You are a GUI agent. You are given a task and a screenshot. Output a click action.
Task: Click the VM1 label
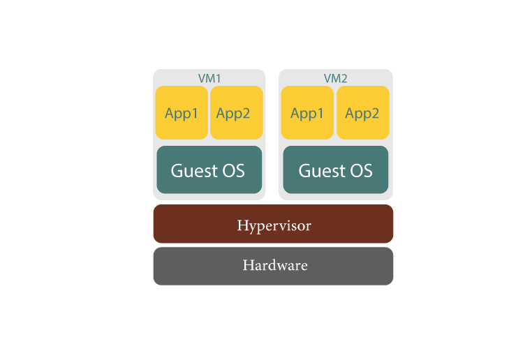tap(209, 78)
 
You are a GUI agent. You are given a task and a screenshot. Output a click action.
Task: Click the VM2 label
tap(335, 78)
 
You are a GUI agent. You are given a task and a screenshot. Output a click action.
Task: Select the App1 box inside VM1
tap(182, 112)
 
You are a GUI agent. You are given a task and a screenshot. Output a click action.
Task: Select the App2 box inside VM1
tap(236, 112)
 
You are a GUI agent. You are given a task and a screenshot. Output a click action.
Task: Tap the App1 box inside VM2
tap(307, 112)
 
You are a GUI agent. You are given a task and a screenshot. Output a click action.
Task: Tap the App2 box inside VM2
tap(362, 112)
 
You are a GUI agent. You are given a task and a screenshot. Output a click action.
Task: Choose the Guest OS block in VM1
tap(209, 170)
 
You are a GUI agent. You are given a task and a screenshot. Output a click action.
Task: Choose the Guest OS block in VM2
tap(335, 170)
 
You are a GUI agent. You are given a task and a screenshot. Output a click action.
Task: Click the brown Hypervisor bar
tap(273, 224)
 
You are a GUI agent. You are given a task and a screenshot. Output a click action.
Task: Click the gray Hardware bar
tap(273, 266)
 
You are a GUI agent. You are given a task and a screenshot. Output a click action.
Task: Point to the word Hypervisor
tap(274, 226)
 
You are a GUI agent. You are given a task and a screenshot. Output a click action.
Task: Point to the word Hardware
tap(274, 266)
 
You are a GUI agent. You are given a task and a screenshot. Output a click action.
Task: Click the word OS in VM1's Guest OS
tap(234, 171)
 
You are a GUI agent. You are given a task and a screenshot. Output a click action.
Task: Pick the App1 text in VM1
tap(182, 114)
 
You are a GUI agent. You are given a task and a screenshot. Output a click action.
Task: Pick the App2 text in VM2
tap(362, 114)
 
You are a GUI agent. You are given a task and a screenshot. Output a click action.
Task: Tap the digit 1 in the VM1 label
tap(218, 78)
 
